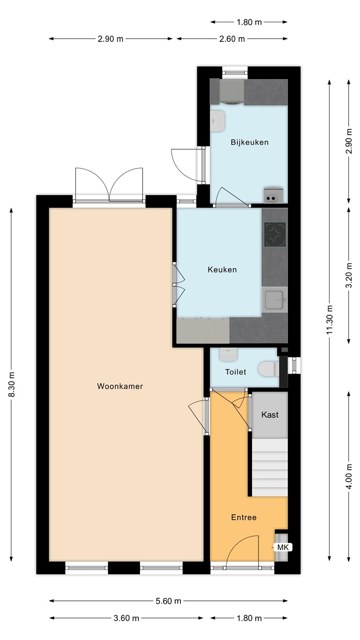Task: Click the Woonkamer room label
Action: (x=120, y=386)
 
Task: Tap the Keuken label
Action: (x=222, y=270)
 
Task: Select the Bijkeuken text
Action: (x=250, y=142)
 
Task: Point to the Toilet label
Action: (x=236, y=372)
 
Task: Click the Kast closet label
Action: (x=270, y=415)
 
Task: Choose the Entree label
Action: (x=244, y=517)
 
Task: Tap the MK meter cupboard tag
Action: (x=283, y=548)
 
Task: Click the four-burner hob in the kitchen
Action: (x=275, y=235)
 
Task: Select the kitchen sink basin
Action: (x=275, y=300)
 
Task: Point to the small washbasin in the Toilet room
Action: (x=228, y=354)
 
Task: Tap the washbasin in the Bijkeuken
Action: (x=217, y=121)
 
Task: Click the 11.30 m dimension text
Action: (x=330, y=320)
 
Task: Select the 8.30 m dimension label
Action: (x=12, y=384)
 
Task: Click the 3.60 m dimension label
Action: (x=126, y=618)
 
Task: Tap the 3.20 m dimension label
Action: (x=349, y=276)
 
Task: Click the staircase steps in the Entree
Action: (x=270, y=468)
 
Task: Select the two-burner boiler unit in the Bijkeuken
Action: (x=273, y=195)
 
